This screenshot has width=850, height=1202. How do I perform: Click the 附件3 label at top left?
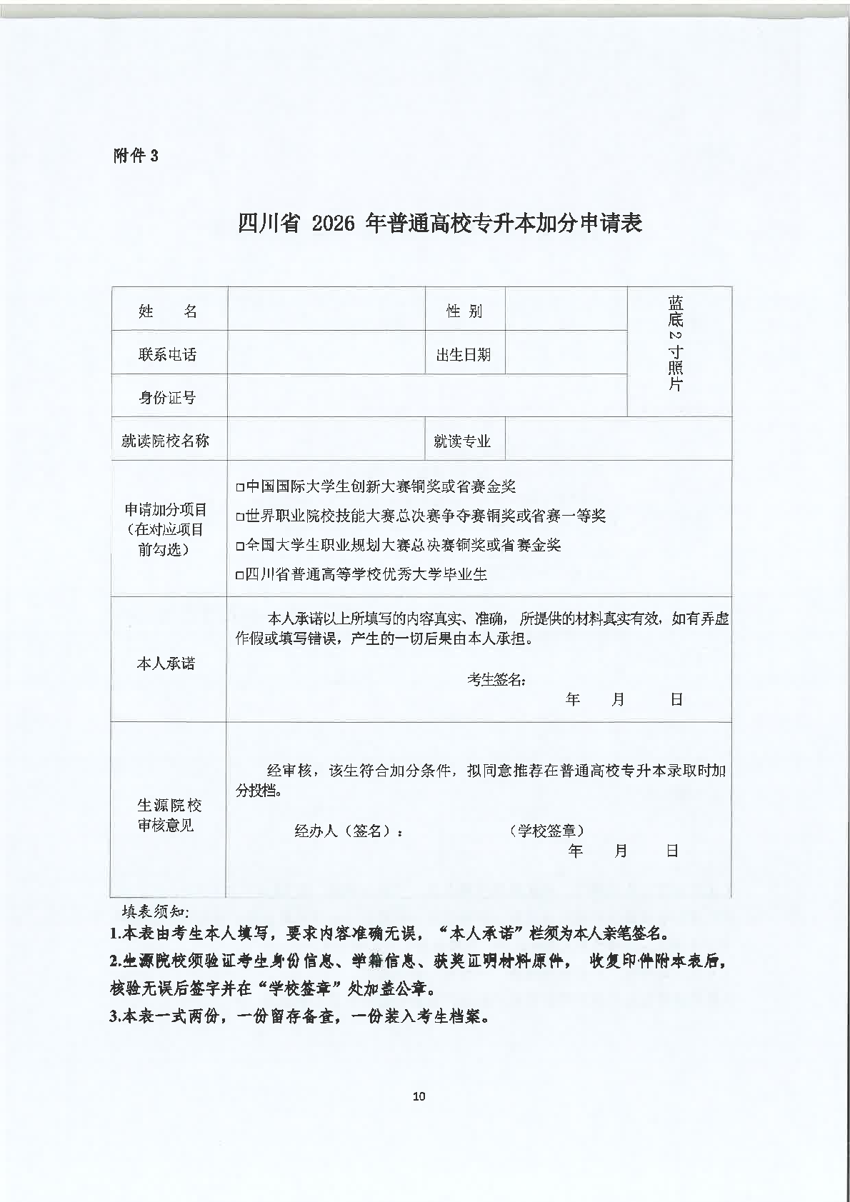pyautogui.click(x=136, y=156)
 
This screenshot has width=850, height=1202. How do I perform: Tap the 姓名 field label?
pyautogui.click(x=168, y=311)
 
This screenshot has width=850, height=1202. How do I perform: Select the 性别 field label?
pyautogui.click(x=464, y=311)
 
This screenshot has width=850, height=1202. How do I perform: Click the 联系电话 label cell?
pyautogui.click(x=168, y=355)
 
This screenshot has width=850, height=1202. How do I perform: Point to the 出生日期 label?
pyautogui.click(x=464, y=355)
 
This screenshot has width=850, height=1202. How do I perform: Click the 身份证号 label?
pyautogui.click(x=168, y=398)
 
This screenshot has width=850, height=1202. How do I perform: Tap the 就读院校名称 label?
pyautogui.click(x=166, y=441)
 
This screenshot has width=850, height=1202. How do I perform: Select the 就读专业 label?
pyautogui.click(x=462, y=441)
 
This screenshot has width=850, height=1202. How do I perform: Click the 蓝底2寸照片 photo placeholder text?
pyautogui.click(x=676, y=343)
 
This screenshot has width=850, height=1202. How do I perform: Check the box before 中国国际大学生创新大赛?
pyautogui.click(x=240, y=488)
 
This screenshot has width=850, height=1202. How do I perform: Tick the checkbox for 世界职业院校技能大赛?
pyautogui.click(x=240, y=517)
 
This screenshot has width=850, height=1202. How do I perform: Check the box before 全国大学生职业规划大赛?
pyautogui.click(x=240, y=546)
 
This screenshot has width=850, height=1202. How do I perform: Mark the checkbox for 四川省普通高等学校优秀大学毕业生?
pyautogui.click(x=240, y=575)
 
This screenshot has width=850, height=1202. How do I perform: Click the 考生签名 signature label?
pyautogui.click(x=497, y=680)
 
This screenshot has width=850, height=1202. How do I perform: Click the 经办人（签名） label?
pyautogui.click(x=349, y=831)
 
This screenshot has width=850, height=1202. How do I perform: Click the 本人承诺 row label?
pyautogui.click(x=166, y=663)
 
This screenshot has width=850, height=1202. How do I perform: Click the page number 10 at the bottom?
pyautogui.click(x=419, y=1096)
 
